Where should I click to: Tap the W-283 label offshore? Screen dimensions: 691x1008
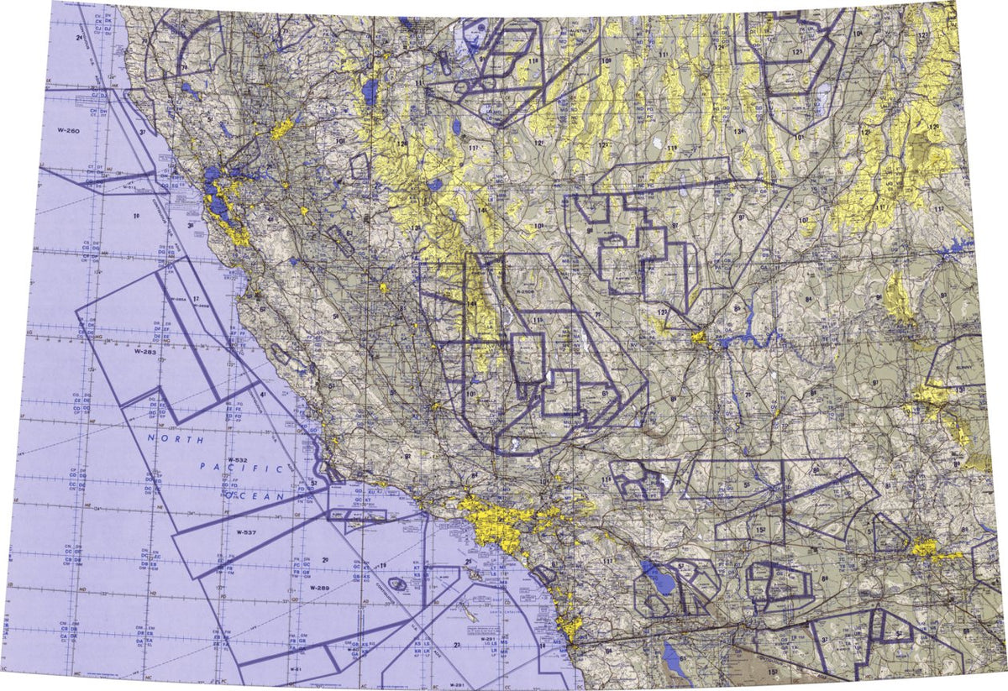[x=145, y=353]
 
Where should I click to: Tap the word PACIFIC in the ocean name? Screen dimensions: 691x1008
[x=244, y=470]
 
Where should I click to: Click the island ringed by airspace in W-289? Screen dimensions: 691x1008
[x=398, y=583]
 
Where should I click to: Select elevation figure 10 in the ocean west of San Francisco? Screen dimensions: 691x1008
[x=136, y=216]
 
